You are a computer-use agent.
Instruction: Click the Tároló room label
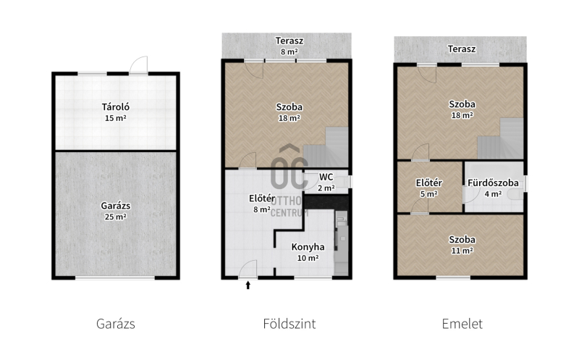pos(116,107)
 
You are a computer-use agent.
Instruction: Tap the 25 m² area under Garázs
pos(116,217)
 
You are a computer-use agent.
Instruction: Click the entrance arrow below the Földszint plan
pos(248,285)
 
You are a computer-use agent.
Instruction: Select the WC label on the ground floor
pos(326,177)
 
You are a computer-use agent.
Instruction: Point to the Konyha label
pos(308,247)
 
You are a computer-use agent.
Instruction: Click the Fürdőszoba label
pos(493,183)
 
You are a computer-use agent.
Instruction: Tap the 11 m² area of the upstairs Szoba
pos(462,251)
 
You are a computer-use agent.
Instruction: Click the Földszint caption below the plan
pos(289,324)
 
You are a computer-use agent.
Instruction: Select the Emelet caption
pos(462,324)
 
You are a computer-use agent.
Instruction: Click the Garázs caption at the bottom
pos(116,324)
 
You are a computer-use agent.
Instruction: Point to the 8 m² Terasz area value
pos(289,51)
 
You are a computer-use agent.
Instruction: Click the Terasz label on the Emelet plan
pos(462,49)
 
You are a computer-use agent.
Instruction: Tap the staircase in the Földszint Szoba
pos(326,148)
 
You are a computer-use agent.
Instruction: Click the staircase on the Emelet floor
pos(501,138)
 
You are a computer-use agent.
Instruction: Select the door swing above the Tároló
pos(138,64)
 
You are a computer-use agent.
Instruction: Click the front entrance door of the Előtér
pos(248,269)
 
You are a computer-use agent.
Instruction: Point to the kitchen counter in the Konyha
pos(341,243)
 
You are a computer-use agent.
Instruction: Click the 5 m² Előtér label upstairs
pos(428,193)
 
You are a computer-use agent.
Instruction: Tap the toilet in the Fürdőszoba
pos(515,194)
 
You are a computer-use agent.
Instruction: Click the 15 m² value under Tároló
pos(116,118)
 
